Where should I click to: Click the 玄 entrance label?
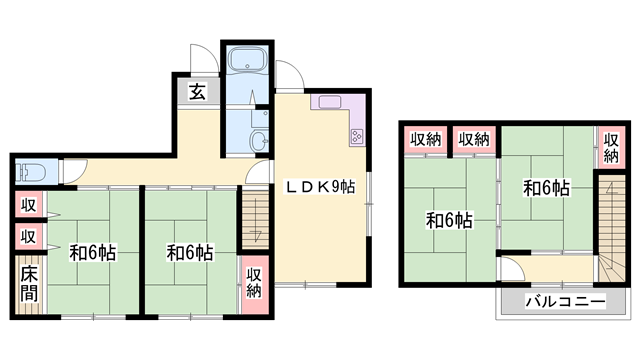tap(197, 92)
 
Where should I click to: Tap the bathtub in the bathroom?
tap(246, 61)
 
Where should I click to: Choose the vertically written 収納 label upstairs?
tap(610, 145)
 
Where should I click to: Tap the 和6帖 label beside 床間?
tap(92, 252)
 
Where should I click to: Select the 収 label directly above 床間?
tap(29, 237)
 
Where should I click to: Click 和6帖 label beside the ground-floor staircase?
tap(189, 252)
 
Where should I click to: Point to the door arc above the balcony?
tap(512, 268)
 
